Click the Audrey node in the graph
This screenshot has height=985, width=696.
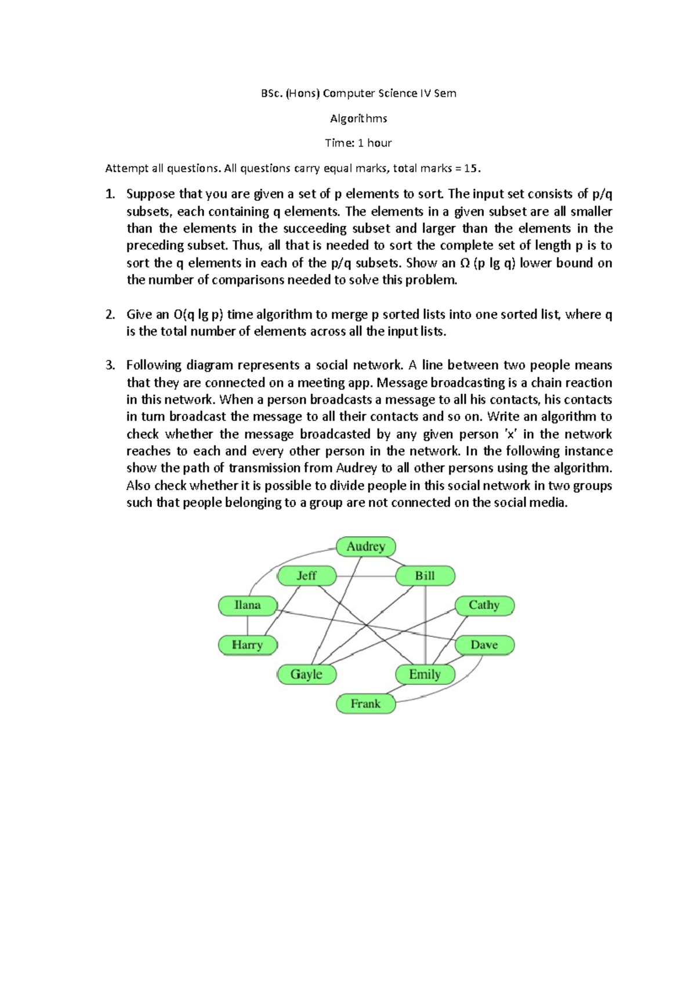coord(366,546)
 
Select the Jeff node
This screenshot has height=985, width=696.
coord(307,576)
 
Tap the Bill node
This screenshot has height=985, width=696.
coord(425,576)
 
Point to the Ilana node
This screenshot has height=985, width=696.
coord(248,605)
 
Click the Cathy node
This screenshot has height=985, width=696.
coord(484,605)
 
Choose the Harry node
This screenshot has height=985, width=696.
coord(248,645)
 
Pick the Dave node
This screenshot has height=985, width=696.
coord(484,645)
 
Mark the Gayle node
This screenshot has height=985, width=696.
coord(307,674)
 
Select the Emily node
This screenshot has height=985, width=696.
coord(425,674)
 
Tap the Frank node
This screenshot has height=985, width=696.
coord(366,704)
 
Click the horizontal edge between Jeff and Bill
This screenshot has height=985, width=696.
coord(365,576)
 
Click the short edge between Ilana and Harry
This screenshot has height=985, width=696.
coord(248,625)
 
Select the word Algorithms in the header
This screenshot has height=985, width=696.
coord(358,118)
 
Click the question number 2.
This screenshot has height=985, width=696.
coord(110,315)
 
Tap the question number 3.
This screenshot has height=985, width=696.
coord(110,366)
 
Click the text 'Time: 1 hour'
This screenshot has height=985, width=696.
coord(358,143)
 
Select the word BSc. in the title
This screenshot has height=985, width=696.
coord(271,93)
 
